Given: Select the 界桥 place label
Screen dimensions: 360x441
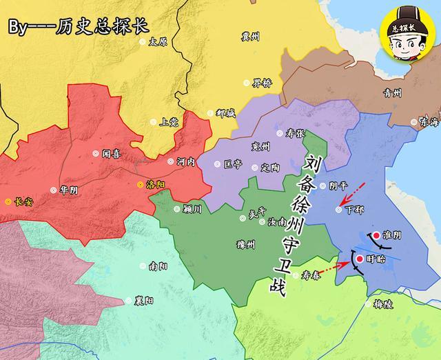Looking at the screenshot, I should [x=262, y=83].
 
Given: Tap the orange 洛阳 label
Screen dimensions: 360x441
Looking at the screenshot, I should [x=156, y=185].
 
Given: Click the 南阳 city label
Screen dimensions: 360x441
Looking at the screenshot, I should [x=156, y=266].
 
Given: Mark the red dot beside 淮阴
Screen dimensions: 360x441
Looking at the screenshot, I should [x=376, y=234].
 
